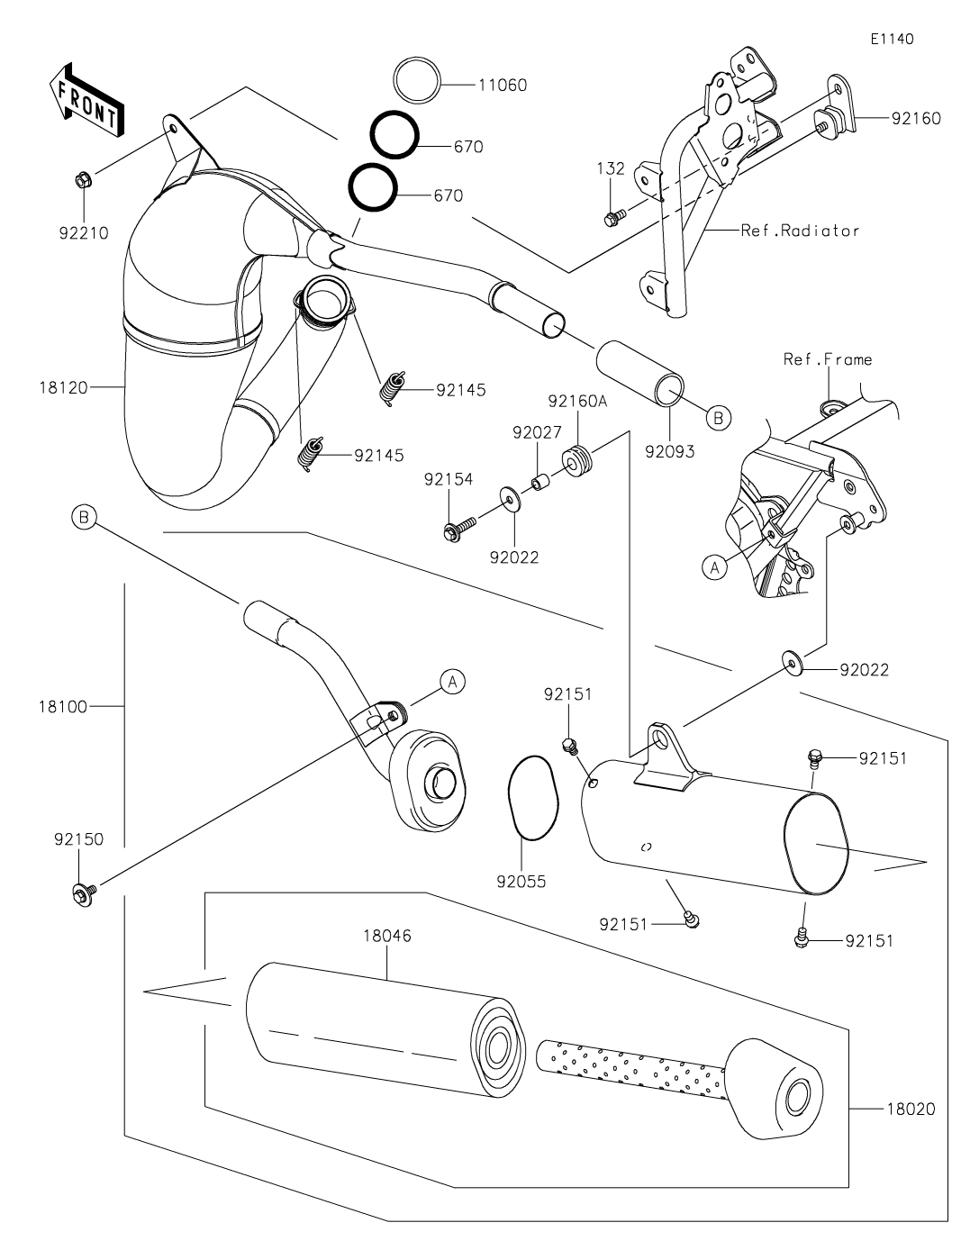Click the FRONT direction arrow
click(x=86, y=99)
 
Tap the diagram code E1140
click(x=892, y=40)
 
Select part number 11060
click(x=503, y=85)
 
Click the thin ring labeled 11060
click(x=417, y=80)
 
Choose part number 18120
click(x=63, y=388)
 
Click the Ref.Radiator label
click(x=800, y=231)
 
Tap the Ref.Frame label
click(x=828, y=359)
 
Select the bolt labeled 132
click(x=614, y=216)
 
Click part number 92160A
click(x=577, y=401)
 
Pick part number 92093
click(x=670, y=452)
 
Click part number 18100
click(x=63, y=707)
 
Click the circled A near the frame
click(x=715, y=567)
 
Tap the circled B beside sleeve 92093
click(x=719, y=418)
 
